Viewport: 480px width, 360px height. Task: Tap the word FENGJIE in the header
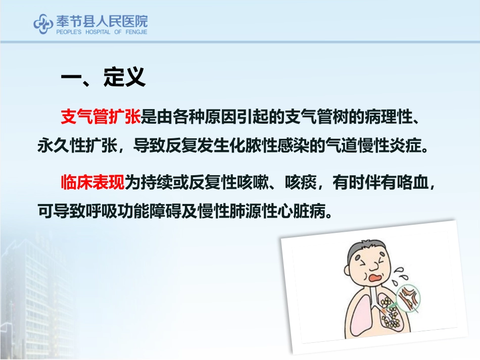(x=135, y=31)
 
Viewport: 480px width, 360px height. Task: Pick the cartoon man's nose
(x=375, y=265)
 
